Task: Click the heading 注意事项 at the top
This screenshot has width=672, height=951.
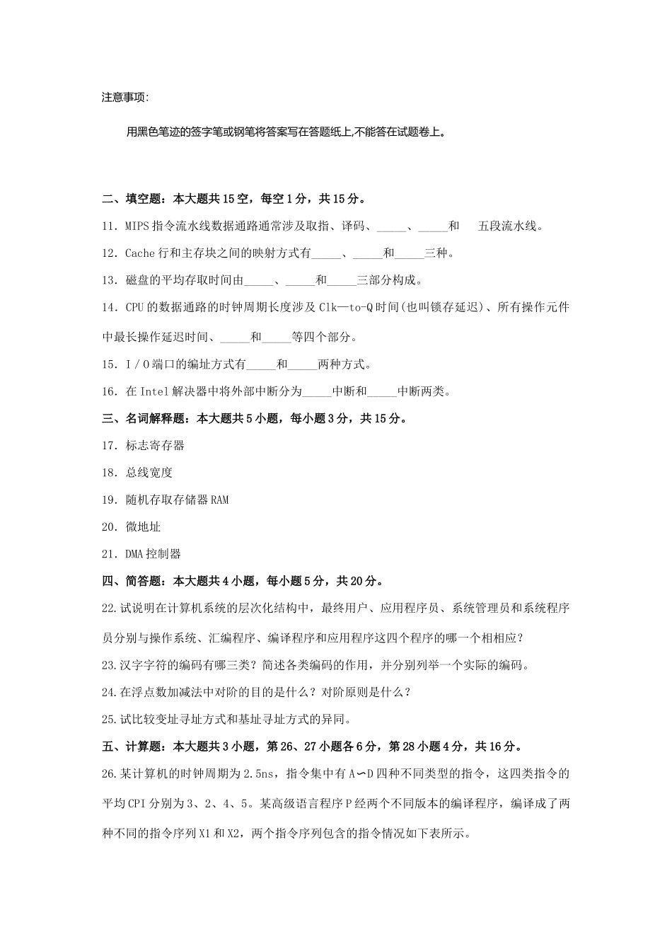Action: [125, 98]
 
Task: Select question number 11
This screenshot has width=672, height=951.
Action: [109, 226]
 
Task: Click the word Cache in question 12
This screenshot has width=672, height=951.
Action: [139, 253]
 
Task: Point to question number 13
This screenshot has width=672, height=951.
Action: [109, 280]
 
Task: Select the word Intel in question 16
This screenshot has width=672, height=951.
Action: [155, 391]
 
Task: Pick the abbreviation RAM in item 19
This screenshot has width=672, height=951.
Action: [219, 500]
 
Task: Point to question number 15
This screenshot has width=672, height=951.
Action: [109, 364]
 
